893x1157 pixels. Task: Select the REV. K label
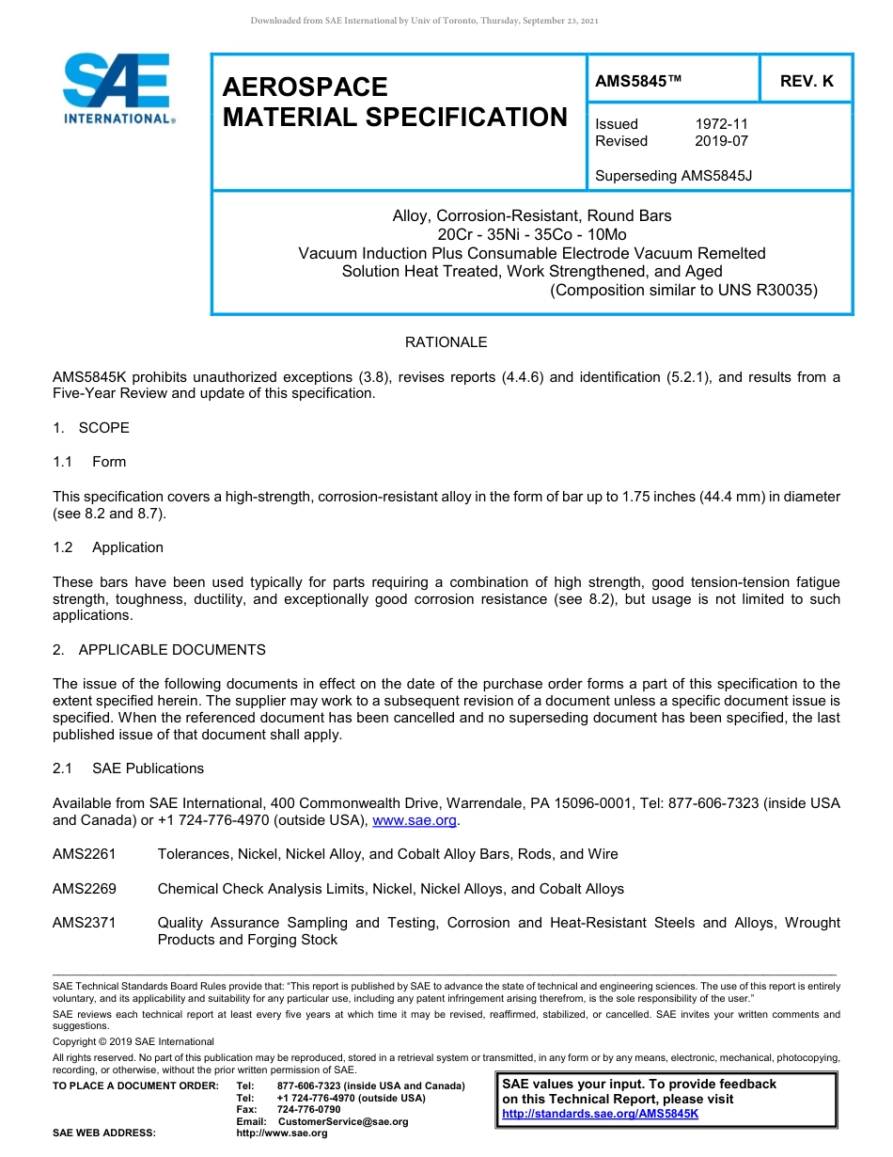(806, 82)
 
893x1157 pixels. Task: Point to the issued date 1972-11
(721, 124)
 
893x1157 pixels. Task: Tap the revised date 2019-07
(721, 141)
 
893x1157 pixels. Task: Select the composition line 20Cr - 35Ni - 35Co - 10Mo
(531, 234)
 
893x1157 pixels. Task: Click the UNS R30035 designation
(767, 290)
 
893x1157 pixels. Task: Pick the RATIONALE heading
(446, 342)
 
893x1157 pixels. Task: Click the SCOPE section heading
(103, 428)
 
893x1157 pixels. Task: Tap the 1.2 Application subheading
(127, 547)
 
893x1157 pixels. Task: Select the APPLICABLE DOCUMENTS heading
(171, 650)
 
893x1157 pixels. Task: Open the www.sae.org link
(415, 820)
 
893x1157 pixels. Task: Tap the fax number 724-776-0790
(308, 1110)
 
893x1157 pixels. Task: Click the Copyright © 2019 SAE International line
(133, 1041)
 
